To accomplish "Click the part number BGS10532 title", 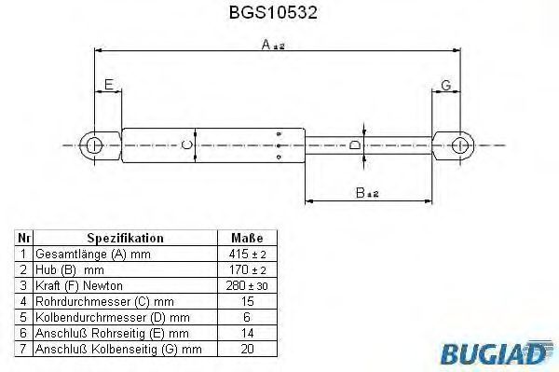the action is [273, 12].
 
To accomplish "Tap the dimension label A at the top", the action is [273, 45].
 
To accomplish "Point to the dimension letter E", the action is [109, 85].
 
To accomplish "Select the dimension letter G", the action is [446, 85].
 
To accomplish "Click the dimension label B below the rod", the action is [367, 193].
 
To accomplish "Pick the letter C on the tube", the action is [187, 145].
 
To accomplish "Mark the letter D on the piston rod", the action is [355, 145].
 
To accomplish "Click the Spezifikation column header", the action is [125, 238].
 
